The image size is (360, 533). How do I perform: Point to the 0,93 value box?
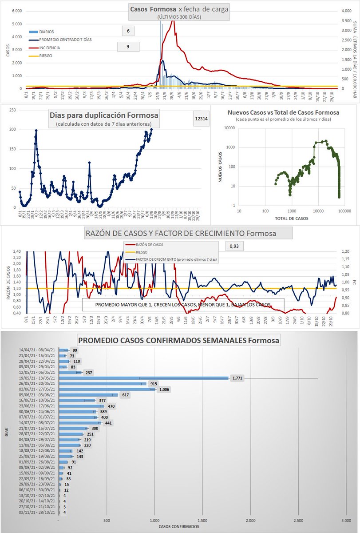[234, 246]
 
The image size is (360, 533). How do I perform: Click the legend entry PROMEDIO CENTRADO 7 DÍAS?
[67, 39]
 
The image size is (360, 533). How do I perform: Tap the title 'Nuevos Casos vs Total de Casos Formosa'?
[283, 112]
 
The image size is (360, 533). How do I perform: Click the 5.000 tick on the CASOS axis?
[16, 11]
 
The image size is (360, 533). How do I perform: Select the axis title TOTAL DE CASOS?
[291, 218]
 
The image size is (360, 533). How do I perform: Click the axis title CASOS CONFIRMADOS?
[179, 527]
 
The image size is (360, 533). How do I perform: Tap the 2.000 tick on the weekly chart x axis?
[251, 520]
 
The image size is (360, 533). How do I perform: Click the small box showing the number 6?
[128, 31]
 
